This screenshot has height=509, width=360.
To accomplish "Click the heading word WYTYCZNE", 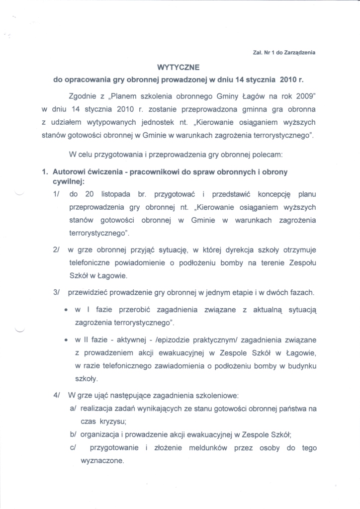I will coord(180,66).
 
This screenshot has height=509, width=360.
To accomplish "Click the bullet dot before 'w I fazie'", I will coord(66,310).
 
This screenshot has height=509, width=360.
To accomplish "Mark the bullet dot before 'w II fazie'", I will coord(66,340).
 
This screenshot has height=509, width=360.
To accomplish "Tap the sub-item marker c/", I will coord(73,448).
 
